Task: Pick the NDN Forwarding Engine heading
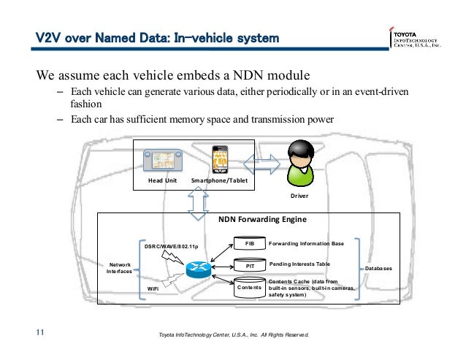click(263, 218)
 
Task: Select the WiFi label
click(153, 289)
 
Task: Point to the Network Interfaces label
click(121, 268)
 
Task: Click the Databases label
click(379, 269)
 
